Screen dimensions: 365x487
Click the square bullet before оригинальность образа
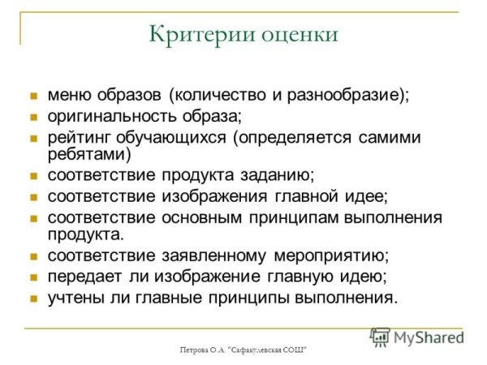click(34, 117)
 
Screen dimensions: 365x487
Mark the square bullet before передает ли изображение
click(34, 277)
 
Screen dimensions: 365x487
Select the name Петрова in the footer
click(196, 350)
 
